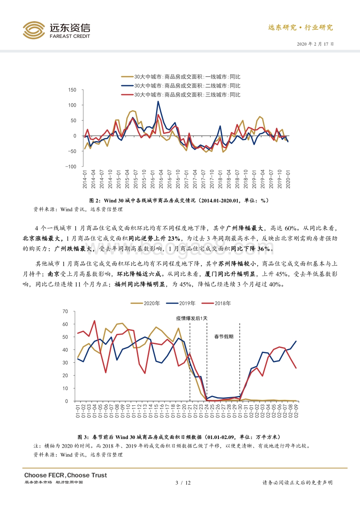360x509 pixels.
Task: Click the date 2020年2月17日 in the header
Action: [x=315, y=44]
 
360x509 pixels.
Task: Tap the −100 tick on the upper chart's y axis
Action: [x=70, y=167]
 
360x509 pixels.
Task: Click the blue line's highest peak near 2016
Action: [x=158, y=102]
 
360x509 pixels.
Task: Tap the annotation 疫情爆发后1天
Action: [x=191, y=318]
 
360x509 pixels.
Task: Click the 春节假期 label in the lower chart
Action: [x=223, y=336]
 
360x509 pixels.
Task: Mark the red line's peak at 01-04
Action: [x=94, y=321]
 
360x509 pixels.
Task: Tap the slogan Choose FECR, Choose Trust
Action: [x=65, y=475]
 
